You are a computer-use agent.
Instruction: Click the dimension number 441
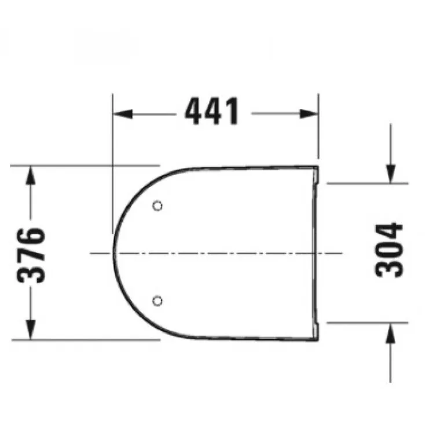212,111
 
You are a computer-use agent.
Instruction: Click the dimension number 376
31,255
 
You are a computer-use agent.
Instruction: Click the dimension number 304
389,250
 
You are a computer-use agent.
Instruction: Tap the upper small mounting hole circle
157,206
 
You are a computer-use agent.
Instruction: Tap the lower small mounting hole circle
157,301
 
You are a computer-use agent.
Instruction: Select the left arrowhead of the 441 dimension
123,114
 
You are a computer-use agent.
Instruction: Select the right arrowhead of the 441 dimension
309,114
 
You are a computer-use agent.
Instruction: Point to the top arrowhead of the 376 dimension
31,175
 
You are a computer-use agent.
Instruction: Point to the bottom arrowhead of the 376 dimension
31,329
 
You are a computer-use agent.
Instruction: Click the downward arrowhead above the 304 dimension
390,174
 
